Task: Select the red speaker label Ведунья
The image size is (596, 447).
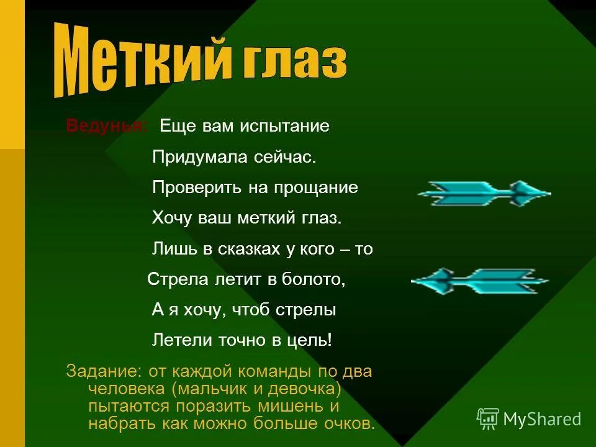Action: [x=107, y=126]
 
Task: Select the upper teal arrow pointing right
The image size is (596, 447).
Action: [x=484, y=193]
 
